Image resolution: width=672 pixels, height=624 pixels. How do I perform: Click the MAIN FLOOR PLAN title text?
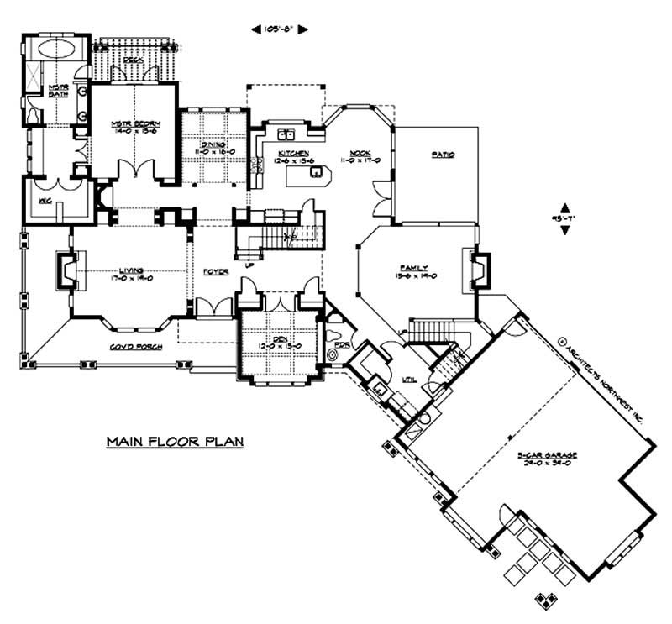(175, 442)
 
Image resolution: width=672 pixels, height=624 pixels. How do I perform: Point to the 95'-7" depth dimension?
(565, 218)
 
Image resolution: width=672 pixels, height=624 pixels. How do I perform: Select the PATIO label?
(444, 155)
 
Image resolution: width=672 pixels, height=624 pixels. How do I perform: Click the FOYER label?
(215, 273)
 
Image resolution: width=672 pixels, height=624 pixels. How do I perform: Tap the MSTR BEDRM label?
(135, 126)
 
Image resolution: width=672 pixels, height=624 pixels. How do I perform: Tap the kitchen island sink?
(317, 172)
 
